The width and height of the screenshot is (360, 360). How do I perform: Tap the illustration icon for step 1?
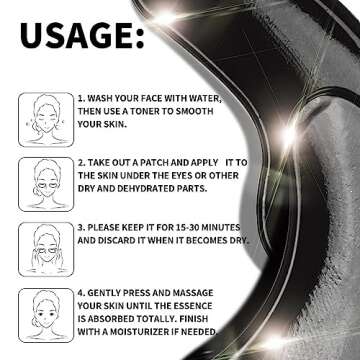click(x=46, y=120)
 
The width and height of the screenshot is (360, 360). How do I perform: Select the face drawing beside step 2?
click(x=46, y=184)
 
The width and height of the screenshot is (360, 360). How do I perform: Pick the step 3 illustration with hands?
click(x=46, y=249)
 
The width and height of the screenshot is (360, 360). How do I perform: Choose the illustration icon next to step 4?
click(x=46, y=315)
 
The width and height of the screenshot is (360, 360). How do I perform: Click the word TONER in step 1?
click(x=144, y=111)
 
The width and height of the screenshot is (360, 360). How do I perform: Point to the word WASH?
click(x=100, y=99)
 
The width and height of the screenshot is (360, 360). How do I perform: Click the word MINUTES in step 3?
click(x=223, y=228)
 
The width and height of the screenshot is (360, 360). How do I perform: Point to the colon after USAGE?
click(x=140, y=39)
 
